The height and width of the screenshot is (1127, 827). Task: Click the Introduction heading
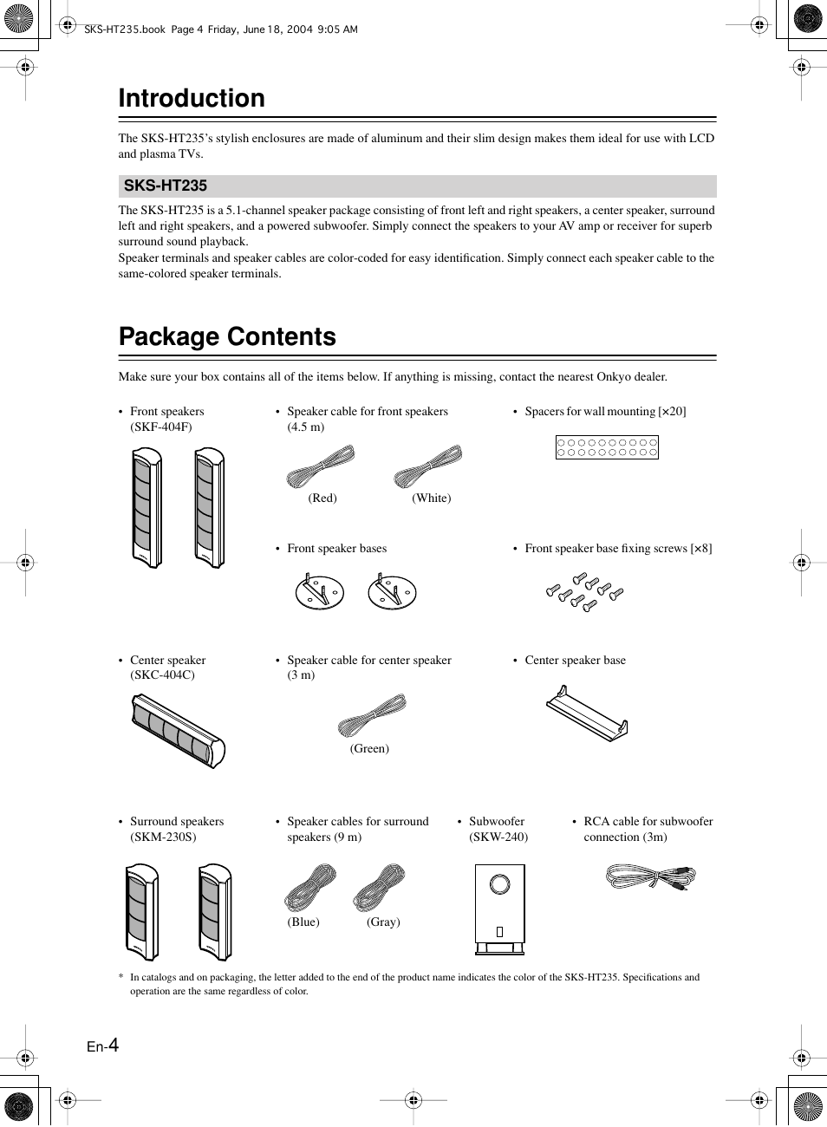tap(192, 99)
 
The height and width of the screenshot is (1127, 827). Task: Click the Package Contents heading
tap(227, 336)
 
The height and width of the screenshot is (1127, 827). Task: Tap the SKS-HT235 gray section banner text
tap(166, 186)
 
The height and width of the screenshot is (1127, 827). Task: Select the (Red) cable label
tap(322, 498)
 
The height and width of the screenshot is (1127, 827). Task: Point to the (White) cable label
tap(432, 498)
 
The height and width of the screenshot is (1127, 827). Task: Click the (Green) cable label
tap(369, 748)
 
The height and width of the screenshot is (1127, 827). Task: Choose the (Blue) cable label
tap(303, 922)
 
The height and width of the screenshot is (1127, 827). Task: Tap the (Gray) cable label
tap(383, 922)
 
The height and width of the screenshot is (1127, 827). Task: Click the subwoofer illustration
tap(499, 909)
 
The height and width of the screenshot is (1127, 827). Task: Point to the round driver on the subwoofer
tap(499, 884)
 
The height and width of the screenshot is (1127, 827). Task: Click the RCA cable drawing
tap(650, 877)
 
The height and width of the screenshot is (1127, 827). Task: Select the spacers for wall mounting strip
tap(607, 447)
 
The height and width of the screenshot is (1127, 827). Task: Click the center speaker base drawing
tap(587, 713)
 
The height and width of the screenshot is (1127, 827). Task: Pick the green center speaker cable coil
tap(373, 715)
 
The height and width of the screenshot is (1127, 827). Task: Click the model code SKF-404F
tap(161, 427)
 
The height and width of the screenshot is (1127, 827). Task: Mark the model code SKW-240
tap(498, 837)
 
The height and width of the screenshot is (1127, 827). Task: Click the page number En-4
tap(102, 1046)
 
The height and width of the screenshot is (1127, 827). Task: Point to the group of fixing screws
tap(585, 592)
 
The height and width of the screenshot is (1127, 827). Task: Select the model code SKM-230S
tap(163, 837)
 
